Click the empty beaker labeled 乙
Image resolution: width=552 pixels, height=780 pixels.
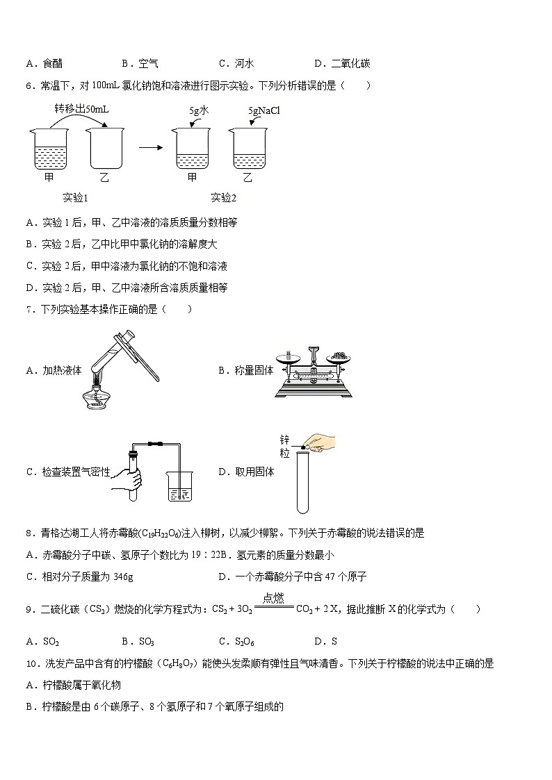coord(104,148)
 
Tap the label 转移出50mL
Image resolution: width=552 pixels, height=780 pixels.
coord(81,110)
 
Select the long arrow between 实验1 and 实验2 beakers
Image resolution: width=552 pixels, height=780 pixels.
coord(150,148)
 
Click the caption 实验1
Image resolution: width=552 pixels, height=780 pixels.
coord(75,198)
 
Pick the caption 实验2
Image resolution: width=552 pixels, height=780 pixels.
coord(223,198)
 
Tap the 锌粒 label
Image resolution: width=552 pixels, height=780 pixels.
coord(284,447)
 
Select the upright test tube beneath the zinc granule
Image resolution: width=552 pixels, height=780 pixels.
coord(302,482)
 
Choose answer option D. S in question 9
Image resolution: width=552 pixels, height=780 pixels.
coord(325,641)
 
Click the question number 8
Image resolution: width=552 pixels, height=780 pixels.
coord(29,533)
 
